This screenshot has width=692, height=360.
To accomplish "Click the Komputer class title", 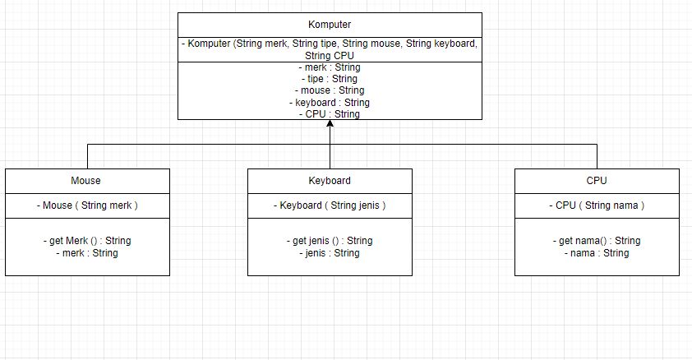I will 330,25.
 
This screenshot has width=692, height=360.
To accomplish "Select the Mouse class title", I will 86,181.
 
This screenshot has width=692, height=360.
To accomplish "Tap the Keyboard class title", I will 330,181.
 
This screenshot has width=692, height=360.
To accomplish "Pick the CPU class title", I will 597,181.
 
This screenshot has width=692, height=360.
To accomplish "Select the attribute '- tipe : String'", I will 330,79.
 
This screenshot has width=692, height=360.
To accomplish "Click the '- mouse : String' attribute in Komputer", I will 330,90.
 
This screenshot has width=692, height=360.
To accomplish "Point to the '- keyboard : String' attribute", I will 330,103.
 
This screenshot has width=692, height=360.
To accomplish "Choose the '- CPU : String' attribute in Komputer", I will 330,114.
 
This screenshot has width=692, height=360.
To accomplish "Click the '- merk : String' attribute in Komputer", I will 330,67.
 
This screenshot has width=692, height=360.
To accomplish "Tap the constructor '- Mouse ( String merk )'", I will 87,205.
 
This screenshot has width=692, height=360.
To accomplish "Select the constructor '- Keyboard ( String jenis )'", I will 330,205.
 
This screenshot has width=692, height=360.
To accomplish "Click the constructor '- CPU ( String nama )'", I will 597,205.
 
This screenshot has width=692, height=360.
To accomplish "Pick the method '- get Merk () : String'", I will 87,241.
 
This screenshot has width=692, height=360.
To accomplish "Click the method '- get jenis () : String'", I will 330,241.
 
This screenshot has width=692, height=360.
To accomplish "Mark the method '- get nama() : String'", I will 597,241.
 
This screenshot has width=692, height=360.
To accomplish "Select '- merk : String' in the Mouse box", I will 87,253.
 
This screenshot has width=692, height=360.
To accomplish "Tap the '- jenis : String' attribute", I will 330,253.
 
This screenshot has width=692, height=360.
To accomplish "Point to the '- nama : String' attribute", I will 597,253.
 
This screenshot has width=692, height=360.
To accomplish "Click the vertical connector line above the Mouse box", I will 87,156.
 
